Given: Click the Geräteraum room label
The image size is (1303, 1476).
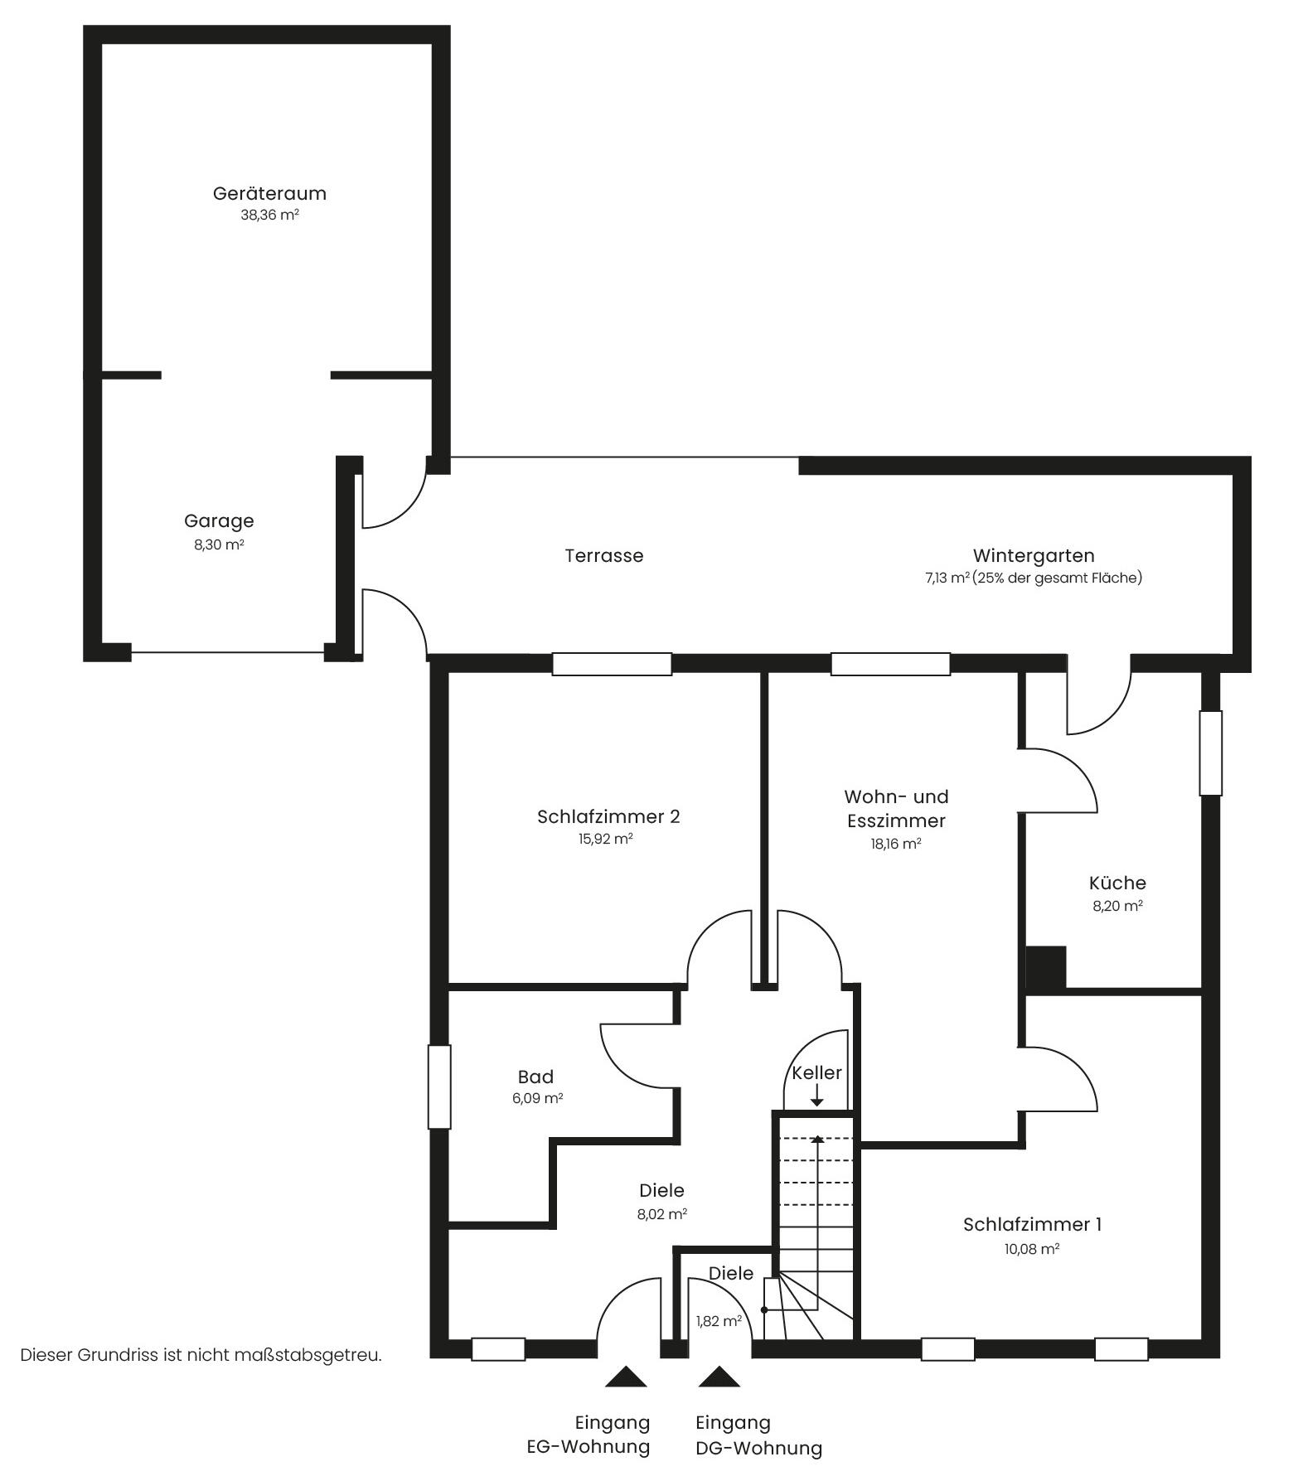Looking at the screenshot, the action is coord(269,194).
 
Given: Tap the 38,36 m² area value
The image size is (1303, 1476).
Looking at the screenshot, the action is coord(269,215).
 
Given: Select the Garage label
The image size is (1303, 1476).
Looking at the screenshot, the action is coord(219,521).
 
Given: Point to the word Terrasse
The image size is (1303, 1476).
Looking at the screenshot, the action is coord(604,555).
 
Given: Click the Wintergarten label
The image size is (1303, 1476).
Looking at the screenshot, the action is coord(1034,555).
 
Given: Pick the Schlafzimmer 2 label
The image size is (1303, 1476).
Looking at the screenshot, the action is coord(608,817).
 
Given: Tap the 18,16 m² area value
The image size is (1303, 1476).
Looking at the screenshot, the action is coord(895,844).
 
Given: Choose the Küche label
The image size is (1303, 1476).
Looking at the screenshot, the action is coord(1117,883).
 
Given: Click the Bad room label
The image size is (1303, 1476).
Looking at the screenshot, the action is coord(535,1077).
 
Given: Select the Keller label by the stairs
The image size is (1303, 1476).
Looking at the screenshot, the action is coord(816,1072).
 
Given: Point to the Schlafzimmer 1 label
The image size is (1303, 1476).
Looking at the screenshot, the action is coord(1032,1224).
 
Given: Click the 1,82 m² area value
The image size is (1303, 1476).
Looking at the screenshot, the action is coord(719,1321).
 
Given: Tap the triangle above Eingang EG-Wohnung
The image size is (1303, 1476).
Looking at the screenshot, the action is coord(626,1377).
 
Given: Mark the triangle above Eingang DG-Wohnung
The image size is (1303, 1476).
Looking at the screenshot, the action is coord(719,1377).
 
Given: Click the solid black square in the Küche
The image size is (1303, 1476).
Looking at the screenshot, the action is coord(1046,967).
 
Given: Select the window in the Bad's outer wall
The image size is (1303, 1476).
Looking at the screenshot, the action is coord(439,1086).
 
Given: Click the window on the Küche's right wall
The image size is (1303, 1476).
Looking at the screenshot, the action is coord(1211,753).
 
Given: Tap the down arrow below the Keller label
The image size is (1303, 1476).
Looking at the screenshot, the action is coord(817,1096).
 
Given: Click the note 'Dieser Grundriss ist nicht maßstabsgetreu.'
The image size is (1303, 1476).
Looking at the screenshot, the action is coord(201,1355).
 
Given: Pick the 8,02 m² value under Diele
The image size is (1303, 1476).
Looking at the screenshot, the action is coord(661,1215).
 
